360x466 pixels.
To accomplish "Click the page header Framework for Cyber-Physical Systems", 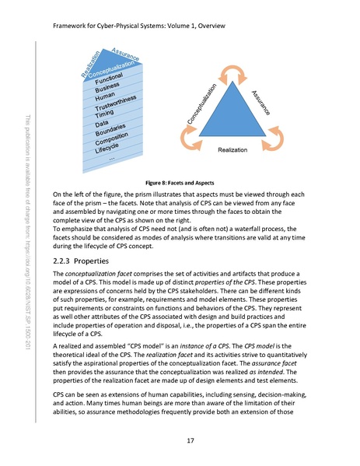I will tap(139, 26).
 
